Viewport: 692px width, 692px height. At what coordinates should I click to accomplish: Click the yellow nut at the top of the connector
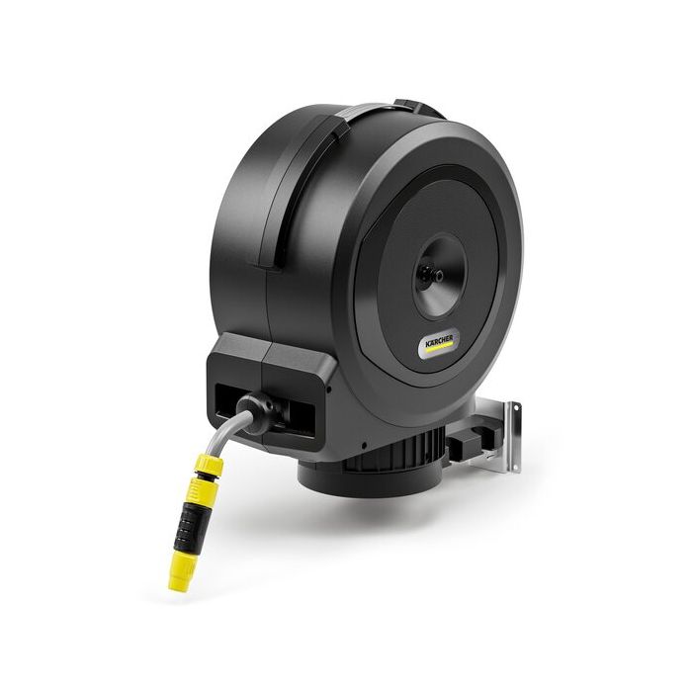tap(210, 464)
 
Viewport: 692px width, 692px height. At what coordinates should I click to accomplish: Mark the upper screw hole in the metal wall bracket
tap(514, 410)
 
